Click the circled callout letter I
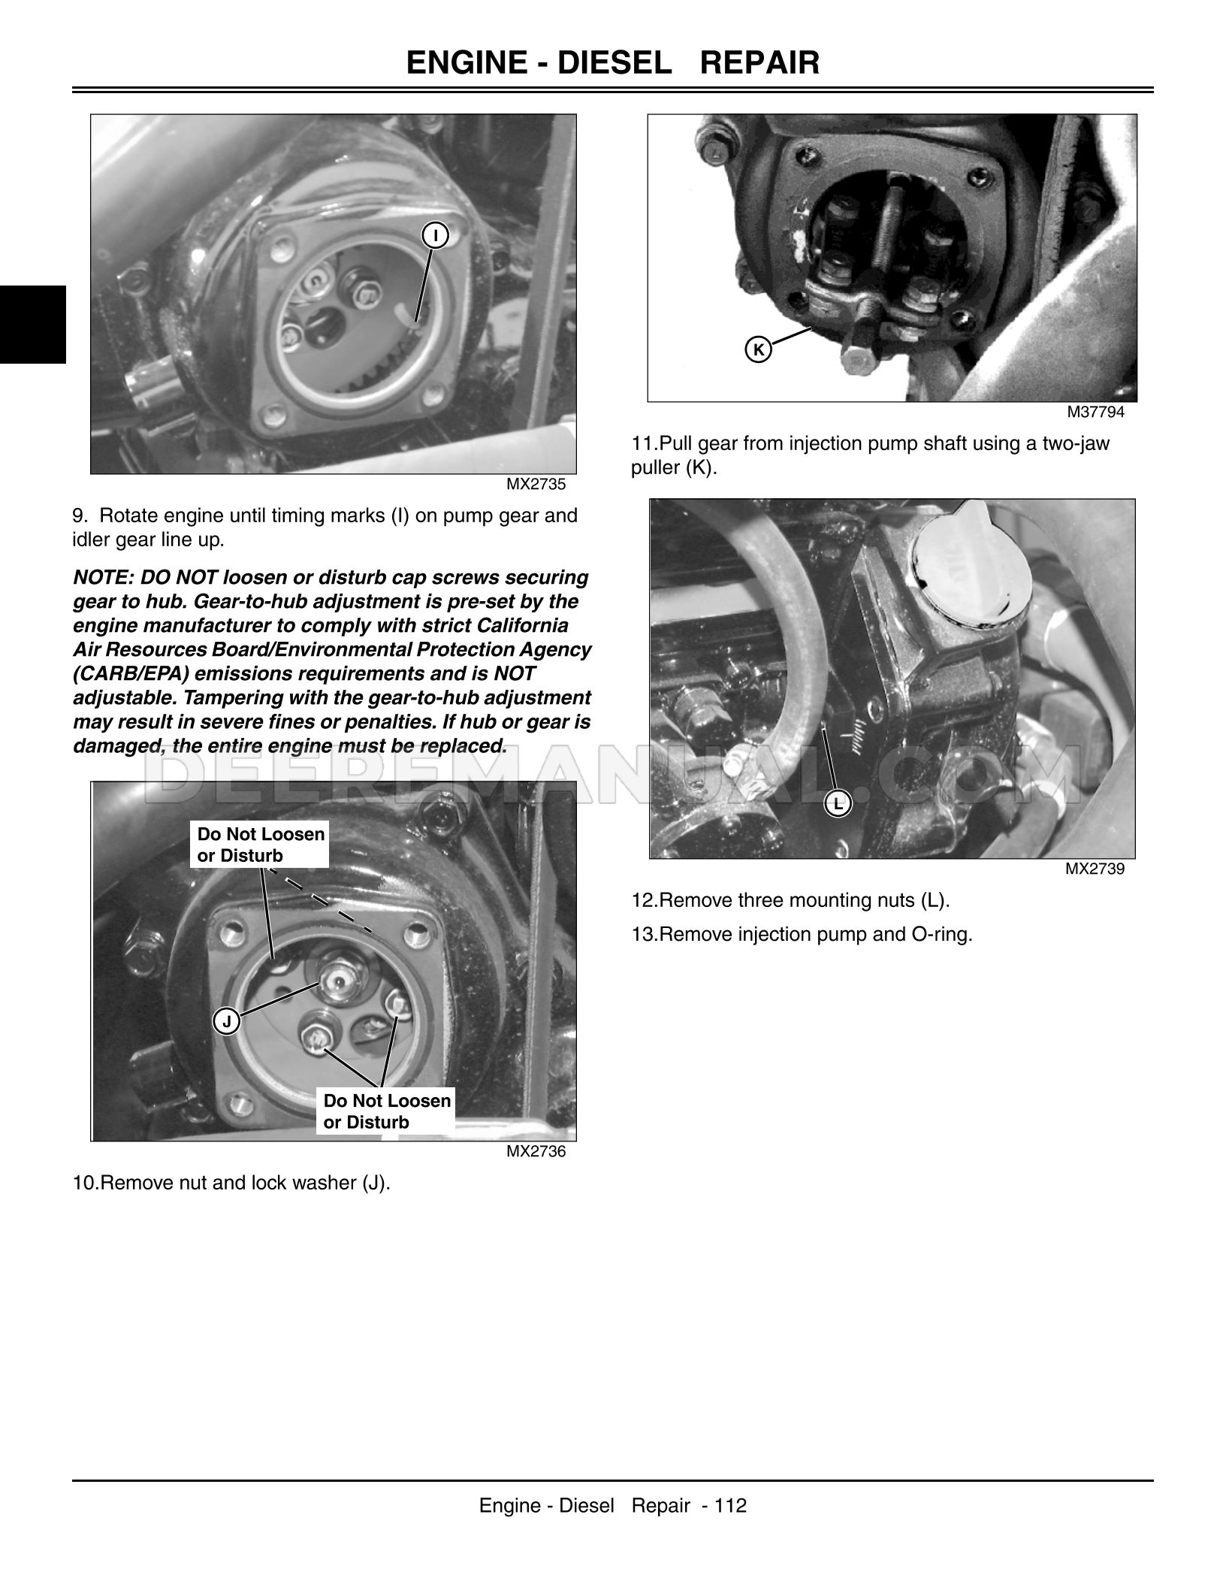pyautogui.click(x=434, y=236)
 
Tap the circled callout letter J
pyautogui.click(x=226, y=1021)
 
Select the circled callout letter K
pyautogui.click(x=759, y=349)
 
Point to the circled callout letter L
pyautogui.click(x=838, y=803)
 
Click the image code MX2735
pyautogui.click(x=535, y=485)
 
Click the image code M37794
pyautogui.click(x=1095, y=413)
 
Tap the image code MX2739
pyautogui.click(x=1095, y=869)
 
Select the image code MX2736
pyautogui.click(x=535, y=1151)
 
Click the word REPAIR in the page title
pyautogui.click(x=759, y=62)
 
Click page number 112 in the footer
pyautogui.click(x=730, y=1505)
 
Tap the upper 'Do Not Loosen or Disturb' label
pyautogui.click(x=260, y=845)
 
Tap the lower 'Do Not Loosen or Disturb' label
pyautogui.click(x=386, y=1111)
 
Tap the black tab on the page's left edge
pyautogui.click(x=32, y=325)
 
